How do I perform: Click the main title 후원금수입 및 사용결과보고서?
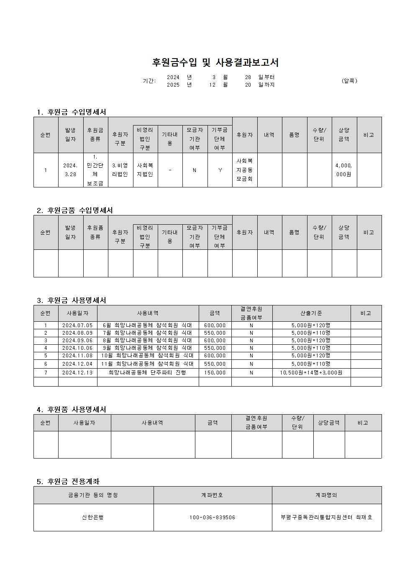[x=215, y=63]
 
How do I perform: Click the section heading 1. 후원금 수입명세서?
[x=72, y=112]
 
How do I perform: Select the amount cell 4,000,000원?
[x=344, y=170]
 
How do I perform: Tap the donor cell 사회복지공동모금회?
[x=245, y=170]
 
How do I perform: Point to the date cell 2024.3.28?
[x=70, y=170]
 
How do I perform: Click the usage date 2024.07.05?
[x=77, y=326]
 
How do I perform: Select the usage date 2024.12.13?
[x=77, y=373]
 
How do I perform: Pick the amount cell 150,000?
[x=215, y=373]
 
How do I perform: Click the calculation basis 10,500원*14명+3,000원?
[x=311, y=373]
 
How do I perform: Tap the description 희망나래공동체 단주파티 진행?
[x=148, y=373]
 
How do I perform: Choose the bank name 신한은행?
[x=93, y=518]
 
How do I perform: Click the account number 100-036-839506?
[x=213, y=518]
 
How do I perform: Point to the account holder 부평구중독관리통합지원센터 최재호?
[x=326, y=518]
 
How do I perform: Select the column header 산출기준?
[x=311, y=313]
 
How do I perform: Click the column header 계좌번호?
[x=213, y=495]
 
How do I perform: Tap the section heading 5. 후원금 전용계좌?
[x=68, y=482]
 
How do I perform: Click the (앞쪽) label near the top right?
[x=349, y=81]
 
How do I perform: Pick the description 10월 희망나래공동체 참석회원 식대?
[x=148, y=356]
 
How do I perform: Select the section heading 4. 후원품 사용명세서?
[x=72, y=410]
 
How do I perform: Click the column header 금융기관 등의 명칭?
[x=93, y=495]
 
